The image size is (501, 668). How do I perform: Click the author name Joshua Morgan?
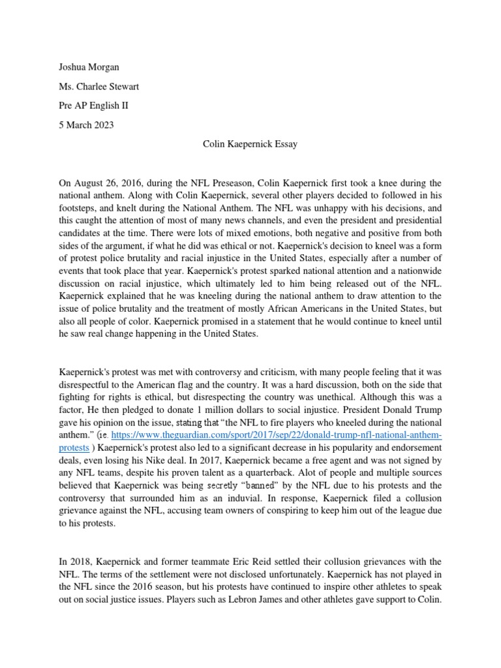coord(89,67)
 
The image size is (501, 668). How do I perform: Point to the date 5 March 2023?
coord(86,125)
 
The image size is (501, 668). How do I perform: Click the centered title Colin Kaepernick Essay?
coord(250,144)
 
